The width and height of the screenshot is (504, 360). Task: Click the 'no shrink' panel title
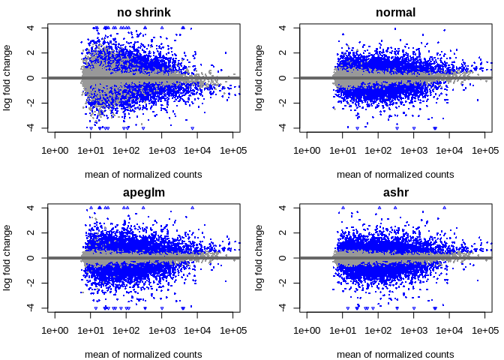(143, 13)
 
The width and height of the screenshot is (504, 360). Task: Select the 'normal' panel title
(395, 13)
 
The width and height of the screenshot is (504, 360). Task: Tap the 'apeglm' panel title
(143, 193)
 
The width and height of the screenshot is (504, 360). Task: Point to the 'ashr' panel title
(395, 193)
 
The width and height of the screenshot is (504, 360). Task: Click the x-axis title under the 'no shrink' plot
(143, 175)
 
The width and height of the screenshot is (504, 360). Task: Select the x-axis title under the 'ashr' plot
(395, 355)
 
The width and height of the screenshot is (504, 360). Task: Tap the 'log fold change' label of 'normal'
(259, 78)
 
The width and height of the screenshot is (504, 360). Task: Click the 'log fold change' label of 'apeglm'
(7, 258)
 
